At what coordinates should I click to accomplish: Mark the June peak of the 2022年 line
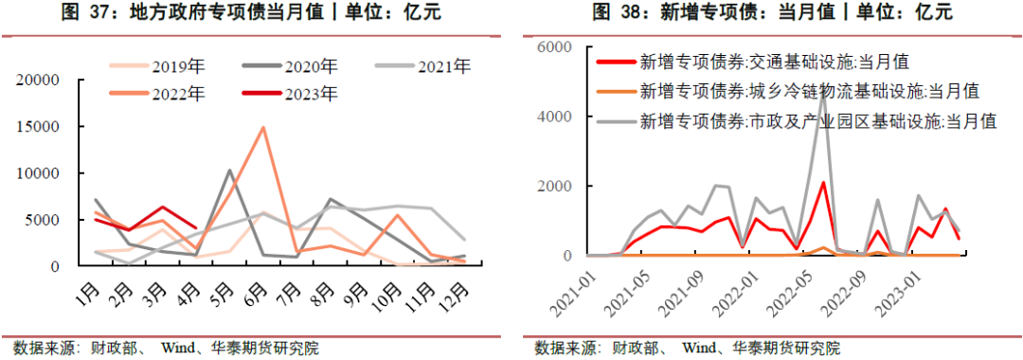point(263,127)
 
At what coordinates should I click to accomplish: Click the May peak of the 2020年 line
point(229,171)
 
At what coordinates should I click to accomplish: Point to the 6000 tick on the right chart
point(553,46)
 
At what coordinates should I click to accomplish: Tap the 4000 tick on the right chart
point(553,117)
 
